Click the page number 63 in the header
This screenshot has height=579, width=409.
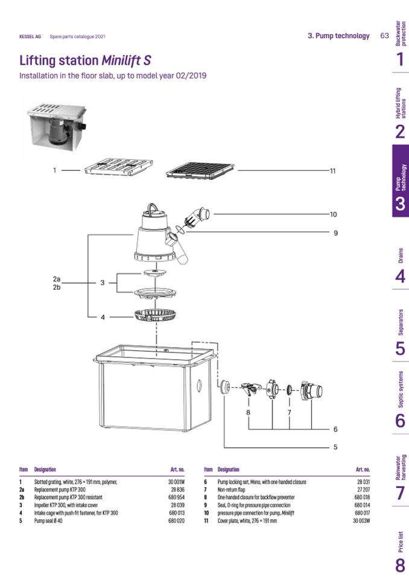click(384, 36)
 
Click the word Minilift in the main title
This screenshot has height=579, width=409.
click(122, 62)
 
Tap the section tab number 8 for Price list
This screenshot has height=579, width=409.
click(400, 565)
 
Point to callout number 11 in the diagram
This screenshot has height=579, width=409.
click(332, 171)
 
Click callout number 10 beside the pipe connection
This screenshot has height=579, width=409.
click(333, 214)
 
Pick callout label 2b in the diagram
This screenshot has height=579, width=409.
click(57, 287)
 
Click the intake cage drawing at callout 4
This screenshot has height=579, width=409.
click(155, 315)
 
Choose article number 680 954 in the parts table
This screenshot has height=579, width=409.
click(176, 497)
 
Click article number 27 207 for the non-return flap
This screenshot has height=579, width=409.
click(363, 490)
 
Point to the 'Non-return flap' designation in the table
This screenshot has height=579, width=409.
click(232, 490)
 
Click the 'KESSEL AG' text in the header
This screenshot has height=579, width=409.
click(30, 37)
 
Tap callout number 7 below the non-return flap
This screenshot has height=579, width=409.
click(289, 412)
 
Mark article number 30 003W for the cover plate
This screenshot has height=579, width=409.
click(361, 520)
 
